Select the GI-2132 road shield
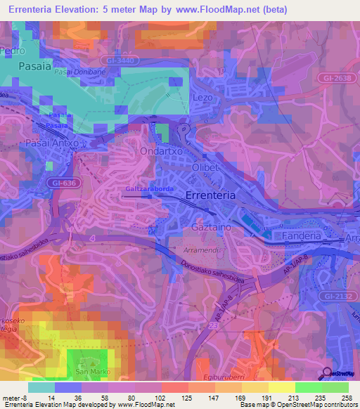point(339,298)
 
